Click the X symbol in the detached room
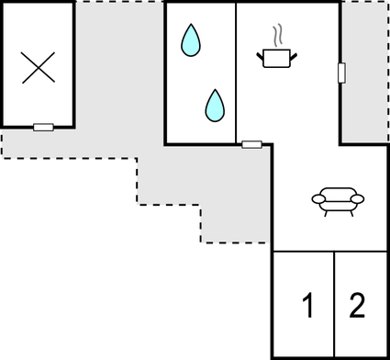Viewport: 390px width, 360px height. pyautogui.click(x=38, y=68)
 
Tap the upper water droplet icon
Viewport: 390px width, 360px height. pyautogui.click(x=190, y=39)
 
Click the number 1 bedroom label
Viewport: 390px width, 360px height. pyautogui.click(x=308, y=305)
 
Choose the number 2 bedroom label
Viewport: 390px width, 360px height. pyautogui.click(x=357, y=304)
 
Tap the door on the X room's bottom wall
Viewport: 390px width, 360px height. pyautogui.click(x=43, y=127)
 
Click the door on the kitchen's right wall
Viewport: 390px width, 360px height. pyautogui.click(x=340, y=73)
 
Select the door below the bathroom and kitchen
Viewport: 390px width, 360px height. pyautogui.click(x=251, y=144)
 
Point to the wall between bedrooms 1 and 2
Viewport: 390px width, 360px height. pyautogui.click(x=334, y=303)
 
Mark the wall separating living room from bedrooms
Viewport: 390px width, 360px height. pyautogui.click(x=330, y=251)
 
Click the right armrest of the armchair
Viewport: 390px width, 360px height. pyautogui.click(x=359, y=197)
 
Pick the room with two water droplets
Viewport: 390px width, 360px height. pyautogui.click(x=200, y=73)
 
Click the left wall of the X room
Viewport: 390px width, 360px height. pyautogui.click(x=2, y=64)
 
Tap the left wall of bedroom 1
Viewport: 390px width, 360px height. pyautogui.click(x=273, y=303)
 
